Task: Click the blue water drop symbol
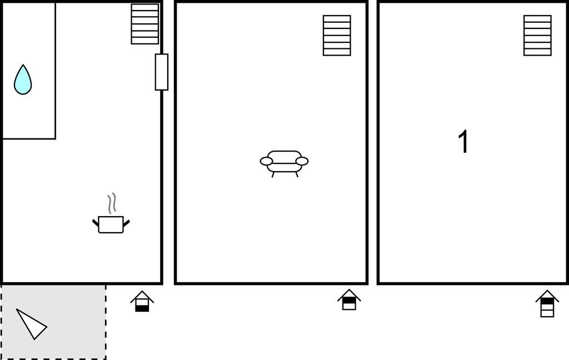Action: point(23,81)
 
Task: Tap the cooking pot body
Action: point(111,224)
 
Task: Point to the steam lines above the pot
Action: point(112,203)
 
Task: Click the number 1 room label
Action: point(463,142)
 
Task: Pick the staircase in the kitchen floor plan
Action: point(145,24)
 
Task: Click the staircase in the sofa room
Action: point(337,36)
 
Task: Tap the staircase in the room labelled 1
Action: point(537,36)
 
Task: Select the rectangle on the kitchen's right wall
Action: point(162,72)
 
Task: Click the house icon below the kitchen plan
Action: point(142,301)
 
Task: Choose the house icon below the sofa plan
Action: point(349,300)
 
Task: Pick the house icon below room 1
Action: point(547,304)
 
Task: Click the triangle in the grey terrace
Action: point(31,324)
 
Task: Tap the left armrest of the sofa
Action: point(266,161)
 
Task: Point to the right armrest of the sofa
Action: point(302,161)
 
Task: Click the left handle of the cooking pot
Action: point(96,223)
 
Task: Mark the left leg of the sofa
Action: point(273,174)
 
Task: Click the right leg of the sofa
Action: point(297,174)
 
